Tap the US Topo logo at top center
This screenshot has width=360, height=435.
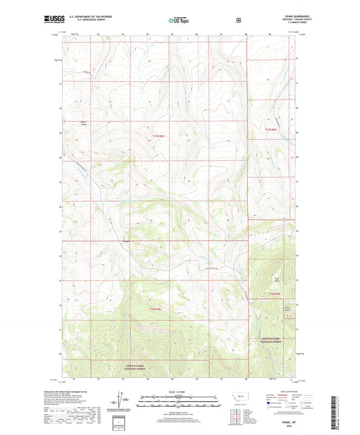coord(179,20)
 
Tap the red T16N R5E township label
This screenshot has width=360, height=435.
coord(155,309)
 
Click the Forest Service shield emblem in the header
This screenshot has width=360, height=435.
coord(238,20)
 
